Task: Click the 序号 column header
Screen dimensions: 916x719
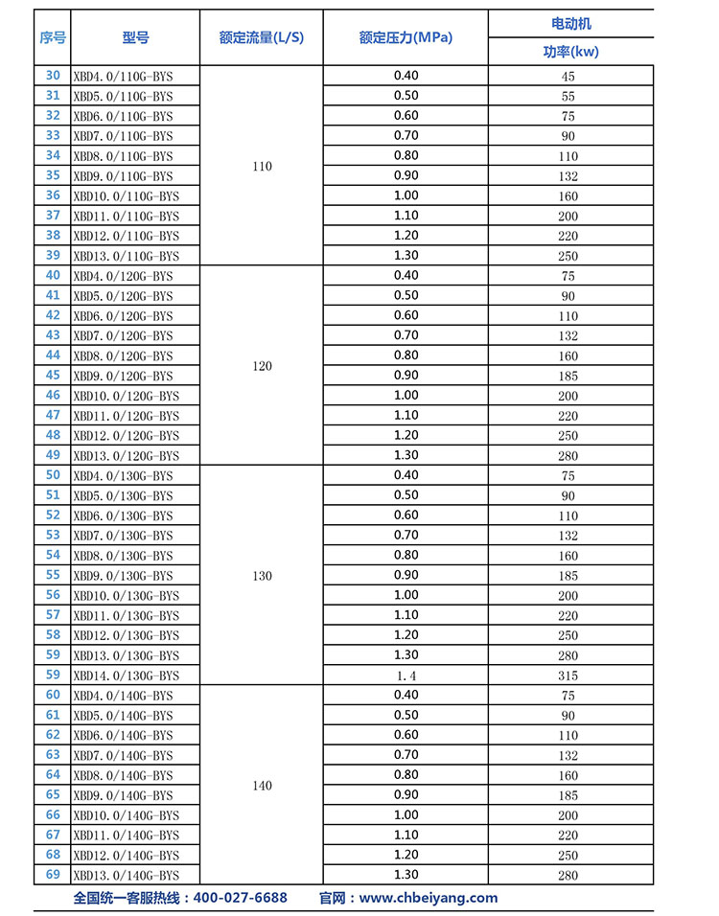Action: coord(53,37)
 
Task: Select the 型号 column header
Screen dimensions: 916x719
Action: coord(136,37)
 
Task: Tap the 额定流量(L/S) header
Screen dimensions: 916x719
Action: coord(261,37)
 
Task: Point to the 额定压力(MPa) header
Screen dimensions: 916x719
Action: coord(406,37)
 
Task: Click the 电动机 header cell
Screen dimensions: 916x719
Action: coord(570,23)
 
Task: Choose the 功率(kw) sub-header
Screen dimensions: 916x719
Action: coord(570,52)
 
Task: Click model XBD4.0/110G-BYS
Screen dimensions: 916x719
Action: coord(123,76)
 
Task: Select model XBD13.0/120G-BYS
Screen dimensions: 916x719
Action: coord(126,456)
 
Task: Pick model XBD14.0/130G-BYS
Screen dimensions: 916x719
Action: coord(126,676)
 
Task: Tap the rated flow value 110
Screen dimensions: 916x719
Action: coord(262,166)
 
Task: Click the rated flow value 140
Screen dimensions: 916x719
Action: coord(262,786)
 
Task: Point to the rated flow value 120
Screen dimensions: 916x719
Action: coord(262,366)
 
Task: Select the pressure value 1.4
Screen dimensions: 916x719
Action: coord(406,676)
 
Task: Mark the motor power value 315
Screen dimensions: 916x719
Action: coord(568,676)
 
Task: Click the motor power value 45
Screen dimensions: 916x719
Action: coord(568,77)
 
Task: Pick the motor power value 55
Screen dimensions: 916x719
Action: coord(568,97)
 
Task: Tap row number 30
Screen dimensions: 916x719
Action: coord(53,76)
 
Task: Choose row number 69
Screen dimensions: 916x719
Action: coord(53,874)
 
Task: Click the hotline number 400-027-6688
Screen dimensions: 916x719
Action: coord(241,898)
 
